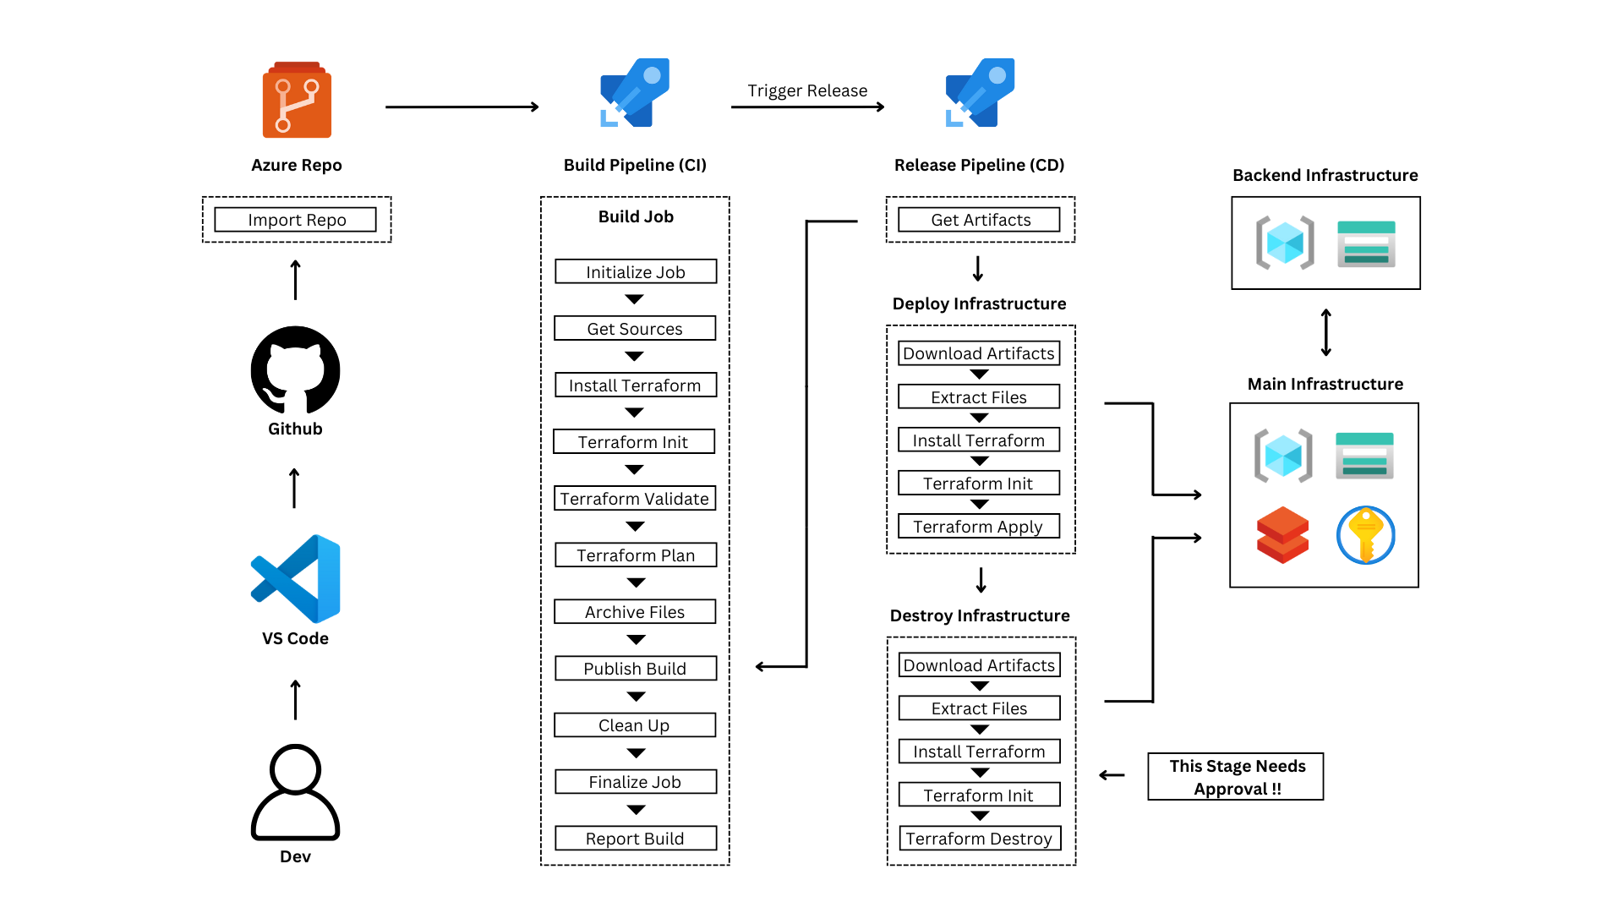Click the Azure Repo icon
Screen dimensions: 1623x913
pos(297,100)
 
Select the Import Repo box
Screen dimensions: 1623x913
pos(296,220)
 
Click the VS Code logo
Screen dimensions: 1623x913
pos(296,579)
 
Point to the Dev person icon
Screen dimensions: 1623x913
pos(295,792)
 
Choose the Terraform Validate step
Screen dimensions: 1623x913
pos(635,499)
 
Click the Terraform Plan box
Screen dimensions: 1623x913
pos(636,555)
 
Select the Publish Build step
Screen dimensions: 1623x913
pos(636,669)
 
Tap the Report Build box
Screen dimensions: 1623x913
pos(636,839)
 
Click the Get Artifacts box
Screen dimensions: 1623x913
pos(979,220)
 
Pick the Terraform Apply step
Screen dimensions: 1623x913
pos(979,527)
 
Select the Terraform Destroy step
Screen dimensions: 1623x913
pos(980,839)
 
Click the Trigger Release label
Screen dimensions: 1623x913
pos(807,90)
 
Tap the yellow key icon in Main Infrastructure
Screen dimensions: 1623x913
pos(1366,535)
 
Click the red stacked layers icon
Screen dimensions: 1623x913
pos(1282,535)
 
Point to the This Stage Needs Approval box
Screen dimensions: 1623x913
pos(1236,777)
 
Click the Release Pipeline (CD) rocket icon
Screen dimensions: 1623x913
pos(980,93)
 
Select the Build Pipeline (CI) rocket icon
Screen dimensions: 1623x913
pos(635,93)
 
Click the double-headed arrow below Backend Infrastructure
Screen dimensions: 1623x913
pos(1326,332)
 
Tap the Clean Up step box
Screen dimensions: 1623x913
pos(635,725)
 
